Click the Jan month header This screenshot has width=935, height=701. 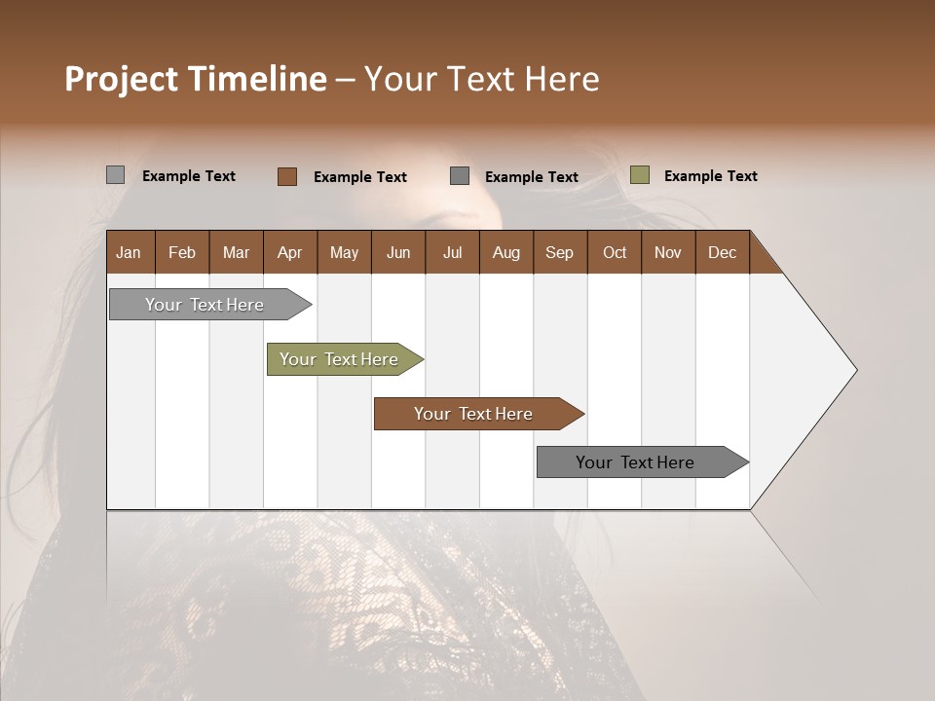tap(129, 253)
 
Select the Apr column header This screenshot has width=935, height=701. tap(290, 253)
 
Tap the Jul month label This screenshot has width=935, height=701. tap(453, 253)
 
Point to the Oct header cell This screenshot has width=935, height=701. tap(615, 253)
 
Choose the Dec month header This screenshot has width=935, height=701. tap(722, 253)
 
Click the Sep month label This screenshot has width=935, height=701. tap(559, 253)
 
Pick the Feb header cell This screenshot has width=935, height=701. tap(182, 253)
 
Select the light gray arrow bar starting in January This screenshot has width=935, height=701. tap(210, 305)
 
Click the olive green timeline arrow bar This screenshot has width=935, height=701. tap(345, 359)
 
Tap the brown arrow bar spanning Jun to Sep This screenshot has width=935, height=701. tap(479, 414)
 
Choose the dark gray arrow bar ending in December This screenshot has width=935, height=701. tap(643, 461)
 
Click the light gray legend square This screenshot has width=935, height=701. tap(116, 175)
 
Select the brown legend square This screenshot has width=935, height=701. tap(287, 176)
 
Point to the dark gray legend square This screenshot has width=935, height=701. tap(460, 176)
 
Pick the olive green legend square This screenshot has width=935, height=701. tap(640, 174)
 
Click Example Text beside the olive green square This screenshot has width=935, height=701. tap(711, 176)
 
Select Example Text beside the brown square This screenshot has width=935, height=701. tap(360, 177)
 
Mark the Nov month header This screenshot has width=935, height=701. tap(668, 253)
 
